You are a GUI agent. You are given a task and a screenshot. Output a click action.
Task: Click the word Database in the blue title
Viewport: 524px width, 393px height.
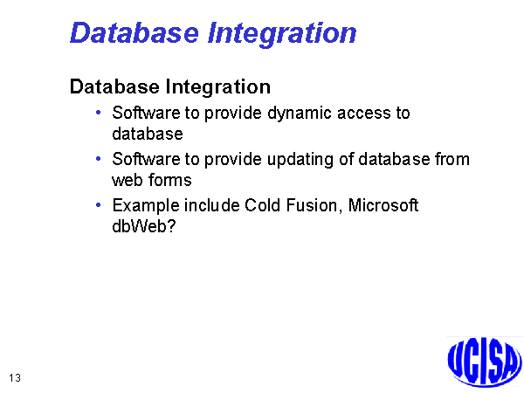134,33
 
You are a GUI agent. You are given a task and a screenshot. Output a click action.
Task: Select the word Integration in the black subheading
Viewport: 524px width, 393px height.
217,87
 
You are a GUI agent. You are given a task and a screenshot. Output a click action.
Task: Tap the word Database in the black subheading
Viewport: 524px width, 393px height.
114,86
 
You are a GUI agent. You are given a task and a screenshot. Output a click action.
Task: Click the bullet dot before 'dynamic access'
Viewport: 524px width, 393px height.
98,113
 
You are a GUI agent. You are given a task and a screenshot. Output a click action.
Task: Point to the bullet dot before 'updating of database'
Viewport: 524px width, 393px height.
98,158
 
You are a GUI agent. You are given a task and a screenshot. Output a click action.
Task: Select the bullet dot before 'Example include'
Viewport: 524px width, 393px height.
98,204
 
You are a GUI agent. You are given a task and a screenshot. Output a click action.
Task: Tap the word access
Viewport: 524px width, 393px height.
363,114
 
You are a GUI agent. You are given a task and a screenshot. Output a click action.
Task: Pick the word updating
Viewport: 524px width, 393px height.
300,161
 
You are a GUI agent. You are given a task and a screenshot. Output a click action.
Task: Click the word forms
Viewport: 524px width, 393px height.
169,180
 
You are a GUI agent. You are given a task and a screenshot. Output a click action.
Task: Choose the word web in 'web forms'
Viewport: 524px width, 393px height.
127,181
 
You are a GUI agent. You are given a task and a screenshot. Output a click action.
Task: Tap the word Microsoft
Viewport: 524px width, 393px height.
383,205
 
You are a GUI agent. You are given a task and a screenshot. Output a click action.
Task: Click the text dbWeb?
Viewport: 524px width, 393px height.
144,226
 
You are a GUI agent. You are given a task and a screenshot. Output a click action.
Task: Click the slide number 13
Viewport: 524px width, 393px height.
15,378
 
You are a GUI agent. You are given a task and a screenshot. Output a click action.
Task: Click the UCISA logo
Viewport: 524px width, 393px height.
485,362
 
